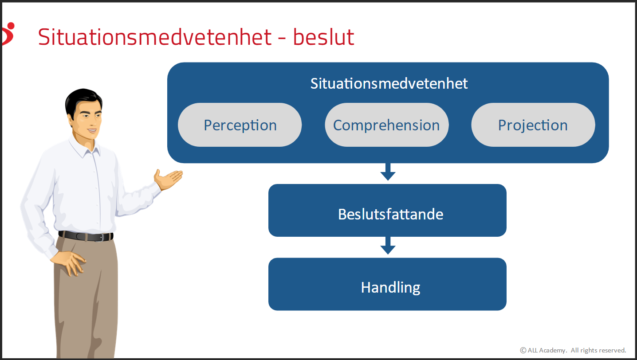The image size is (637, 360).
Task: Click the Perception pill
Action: (x=240, y=125)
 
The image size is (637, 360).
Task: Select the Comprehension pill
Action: (x=387, y=125)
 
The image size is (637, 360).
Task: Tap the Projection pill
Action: (x=533, y=125)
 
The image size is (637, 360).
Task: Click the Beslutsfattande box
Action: (x=387, y=210)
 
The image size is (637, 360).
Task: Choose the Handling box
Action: (x=387, y=284)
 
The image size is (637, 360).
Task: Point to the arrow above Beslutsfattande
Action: (x=388, y=172)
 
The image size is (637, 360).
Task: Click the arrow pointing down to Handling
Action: (x=388, y=246)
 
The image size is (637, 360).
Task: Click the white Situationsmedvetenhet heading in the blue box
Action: (x=389, y=83)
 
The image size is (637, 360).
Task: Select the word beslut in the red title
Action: (x=324, y=37)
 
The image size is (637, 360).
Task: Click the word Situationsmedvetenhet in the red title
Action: (x=155, y=37)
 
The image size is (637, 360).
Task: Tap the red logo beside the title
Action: (x=8, y=34)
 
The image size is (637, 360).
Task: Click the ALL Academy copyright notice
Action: (x=573, y=350)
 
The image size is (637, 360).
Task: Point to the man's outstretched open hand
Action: (x=168, y=179)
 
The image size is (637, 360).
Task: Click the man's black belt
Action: (x=86, y=236)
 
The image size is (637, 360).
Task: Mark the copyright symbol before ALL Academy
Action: (x=523, y=350)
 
